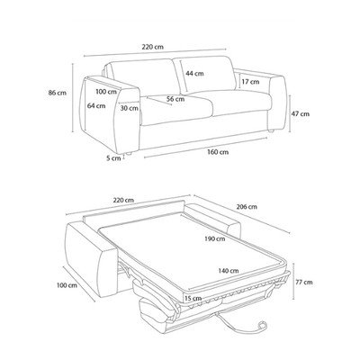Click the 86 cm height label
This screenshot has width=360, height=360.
(x=58, y=93)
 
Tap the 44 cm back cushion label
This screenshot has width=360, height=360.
(x=194, y=73)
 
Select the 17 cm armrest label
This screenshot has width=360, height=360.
(x=250, y=82)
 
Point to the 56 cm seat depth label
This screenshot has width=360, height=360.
(x=175, y=99)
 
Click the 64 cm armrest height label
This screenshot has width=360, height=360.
(x=96, y=105)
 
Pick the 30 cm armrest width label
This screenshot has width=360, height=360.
(x=130, y=108)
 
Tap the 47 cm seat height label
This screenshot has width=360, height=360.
(x=301, y=114)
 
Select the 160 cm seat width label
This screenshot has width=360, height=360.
(x=218, y=152)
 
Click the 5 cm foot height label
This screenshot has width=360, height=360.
(x=113, y=158)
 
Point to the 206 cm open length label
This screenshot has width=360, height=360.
(x=247, y=207)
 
